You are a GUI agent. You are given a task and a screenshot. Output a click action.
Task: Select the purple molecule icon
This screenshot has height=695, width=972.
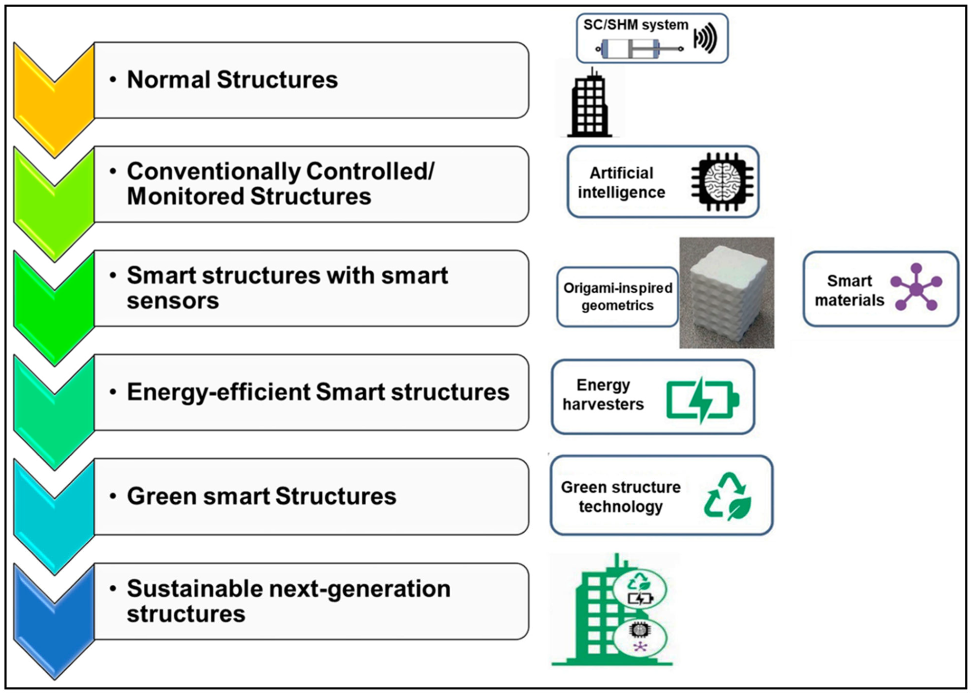pos(916,287)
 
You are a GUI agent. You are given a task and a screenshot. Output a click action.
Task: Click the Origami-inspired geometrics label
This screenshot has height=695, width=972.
pos(618,296)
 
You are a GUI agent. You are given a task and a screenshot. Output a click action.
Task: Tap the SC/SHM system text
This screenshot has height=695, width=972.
pos(636,25)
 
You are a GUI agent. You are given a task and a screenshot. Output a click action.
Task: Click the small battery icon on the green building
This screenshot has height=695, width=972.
pos(640,598)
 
